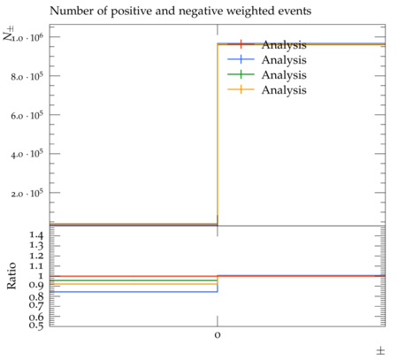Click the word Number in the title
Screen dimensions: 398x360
72,11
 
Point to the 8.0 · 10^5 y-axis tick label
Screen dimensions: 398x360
27,76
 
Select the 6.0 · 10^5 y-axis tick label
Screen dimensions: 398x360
27,115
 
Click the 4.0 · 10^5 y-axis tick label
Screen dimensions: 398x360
27,154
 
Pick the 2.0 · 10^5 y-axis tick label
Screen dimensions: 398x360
27,193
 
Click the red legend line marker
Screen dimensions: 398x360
241,44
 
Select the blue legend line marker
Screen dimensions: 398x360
241,59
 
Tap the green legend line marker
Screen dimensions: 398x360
241,74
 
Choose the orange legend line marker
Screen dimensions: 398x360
241,89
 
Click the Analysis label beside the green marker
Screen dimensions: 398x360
284,75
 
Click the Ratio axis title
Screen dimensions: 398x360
11,276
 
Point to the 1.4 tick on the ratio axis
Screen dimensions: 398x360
36,235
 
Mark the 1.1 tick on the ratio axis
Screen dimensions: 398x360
36,266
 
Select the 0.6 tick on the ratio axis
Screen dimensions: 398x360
36,317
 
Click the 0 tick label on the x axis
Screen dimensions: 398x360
218,335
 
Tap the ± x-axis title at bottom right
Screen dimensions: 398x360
380,351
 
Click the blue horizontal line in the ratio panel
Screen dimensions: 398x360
134,292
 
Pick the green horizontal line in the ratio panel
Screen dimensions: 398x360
134,280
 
